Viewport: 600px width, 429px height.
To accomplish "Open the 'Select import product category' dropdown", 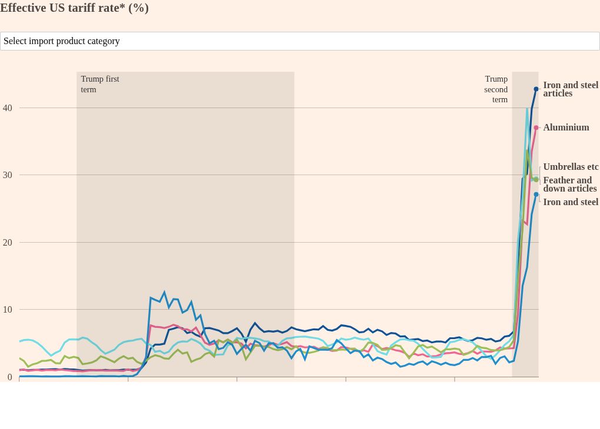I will coord(299,41).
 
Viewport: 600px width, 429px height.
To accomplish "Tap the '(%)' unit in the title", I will coord(138,8).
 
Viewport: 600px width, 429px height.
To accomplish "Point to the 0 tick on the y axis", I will coord(9,377).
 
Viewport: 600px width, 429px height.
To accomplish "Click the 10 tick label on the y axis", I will coord(7,310).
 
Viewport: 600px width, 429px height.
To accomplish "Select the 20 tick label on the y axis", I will coord(7,243).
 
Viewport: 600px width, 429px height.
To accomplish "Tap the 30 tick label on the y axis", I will coord(7,175).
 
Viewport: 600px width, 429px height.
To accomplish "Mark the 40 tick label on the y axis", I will coord(7,108).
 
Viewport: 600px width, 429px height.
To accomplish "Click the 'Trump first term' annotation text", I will coord(100,84).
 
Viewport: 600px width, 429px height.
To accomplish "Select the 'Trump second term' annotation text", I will coord(496,89).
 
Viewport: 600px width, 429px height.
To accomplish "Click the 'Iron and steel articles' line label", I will coord(570,89).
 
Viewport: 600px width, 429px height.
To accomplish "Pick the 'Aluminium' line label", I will coord(566,128).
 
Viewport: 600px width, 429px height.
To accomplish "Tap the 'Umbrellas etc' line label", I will coord(571,167).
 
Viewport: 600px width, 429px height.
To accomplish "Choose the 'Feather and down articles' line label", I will coord(569,185).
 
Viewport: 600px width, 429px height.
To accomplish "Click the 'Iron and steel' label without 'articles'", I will coord(571,202).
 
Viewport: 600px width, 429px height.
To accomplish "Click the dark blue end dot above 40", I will coord(536,89).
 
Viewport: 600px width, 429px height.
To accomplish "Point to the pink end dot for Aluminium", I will coord(536,128).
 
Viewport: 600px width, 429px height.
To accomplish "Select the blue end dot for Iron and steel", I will coord(536,195).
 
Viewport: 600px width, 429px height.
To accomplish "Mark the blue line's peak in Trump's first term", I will coord(165,292).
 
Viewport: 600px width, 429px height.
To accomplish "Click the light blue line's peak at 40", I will coord(527,109).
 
